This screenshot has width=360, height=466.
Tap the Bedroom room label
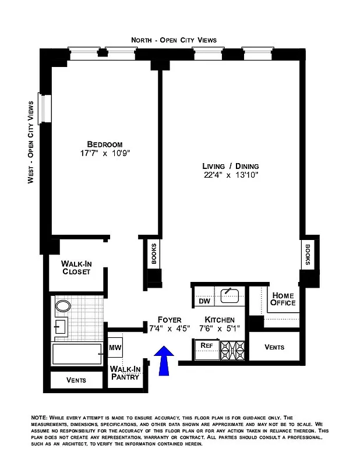point(105,144)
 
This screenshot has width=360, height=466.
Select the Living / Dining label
point(230,165)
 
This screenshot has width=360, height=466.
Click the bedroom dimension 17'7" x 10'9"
point(105,154)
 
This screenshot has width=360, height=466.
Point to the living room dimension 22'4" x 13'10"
point(230,175)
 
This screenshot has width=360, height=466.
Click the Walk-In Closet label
point(76,267)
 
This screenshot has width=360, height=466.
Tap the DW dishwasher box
point(204,301)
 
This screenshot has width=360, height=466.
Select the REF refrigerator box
point(206,345)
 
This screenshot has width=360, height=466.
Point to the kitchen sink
point(231,295)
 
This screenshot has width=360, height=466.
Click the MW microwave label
point(115,348)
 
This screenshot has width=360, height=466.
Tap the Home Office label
point(284,299)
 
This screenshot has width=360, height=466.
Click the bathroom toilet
point(62,306)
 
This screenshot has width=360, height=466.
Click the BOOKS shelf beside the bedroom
point(154,254)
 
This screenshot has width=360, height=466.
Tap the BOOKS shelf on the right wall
point(307,253)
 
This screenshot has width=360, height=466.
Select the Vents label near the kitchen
point(274,347)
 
